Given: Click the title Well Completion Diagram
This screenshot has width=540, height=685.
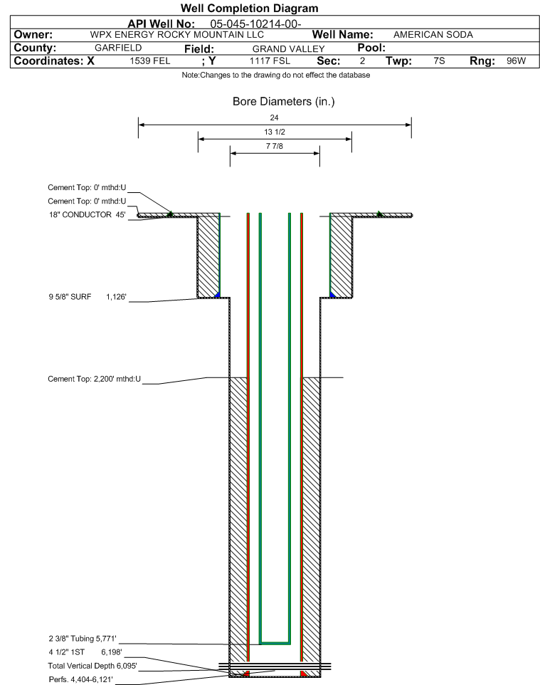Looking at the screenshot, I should pyautogui.click(x=249, y=9).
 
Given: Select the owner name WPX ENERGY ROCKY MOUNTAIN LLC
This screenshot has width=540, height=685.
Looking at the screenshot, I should pyautogui.click(x=177, y=34).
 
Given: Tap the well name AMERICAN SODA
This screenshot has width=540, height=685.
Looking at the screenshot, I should pyautogui.click(x=433, y=34).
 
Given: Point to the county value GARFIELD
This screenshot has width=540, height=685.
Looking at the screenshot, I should pyautogui.click(x=118, y=48).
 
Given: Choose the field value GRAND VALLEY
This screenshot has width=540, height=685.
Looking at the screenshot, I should pyautogui.click(x=288, y=48).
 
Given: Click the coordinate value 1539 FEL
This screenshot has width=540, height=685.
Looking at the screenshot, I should pyautogui.click(x=150, y=61).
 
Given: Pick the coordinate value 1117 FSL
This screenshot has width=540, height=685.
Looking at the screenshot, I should pyautogui.click(x=270, y=61).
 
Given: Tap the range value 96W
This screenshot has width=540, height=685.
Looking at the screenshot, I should pyautogui.click(x=516, y=61).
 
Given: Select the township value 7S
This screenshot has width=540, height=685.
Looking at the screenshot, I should pyautogui.click(x=439, y=61).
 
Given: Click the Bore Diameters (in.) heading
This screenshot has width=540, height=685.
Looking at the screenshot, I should pyautogui.click(x=283, y=102).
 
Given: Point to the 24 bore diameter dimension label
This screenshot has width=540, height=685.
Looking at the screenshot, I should pyautogui.click(x=275, y=117).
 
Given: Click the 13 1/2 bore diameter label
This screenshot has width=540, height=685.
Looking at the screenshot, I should pyautogui.click(x=275, y=132).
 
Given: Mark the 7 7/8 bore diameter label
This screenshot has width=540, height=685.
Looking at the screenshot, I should pyautogui.click(x=275, y=147).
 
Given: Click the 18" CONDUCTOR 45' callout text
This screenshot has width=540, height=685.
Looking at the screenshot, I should pyautogui.click(x=87, y=214).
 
